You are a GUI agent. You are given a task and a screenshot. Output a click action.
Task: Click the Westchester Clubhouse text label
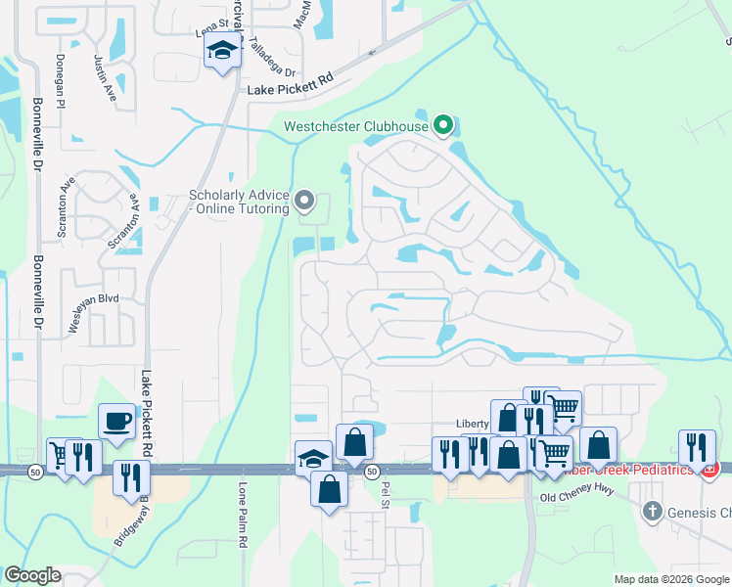(x=356, y=126)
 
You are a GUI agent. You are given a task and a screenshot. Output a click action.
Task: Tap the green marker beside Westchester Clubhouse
(x=443, y=124)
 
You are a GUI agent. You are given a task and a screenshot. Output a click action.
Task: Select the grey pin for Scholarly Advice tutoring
(x=304, y=202)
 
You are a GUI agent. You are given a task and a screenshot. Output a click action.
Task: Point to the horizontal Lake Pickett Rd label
(x=291, y=90)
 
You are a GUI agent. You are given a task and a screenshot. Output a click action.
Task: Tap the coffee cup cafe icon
(x=116, y=420)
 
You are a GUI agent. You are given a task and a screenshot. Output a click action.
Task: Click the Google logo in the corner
(x=32, y=575)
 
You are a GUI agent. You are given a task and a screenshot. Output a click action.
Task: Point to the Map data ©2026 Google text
(x=671, y=579)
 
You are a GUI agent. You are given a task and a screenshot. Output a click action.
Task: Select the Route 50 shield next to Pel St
(x=372, y=472)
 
